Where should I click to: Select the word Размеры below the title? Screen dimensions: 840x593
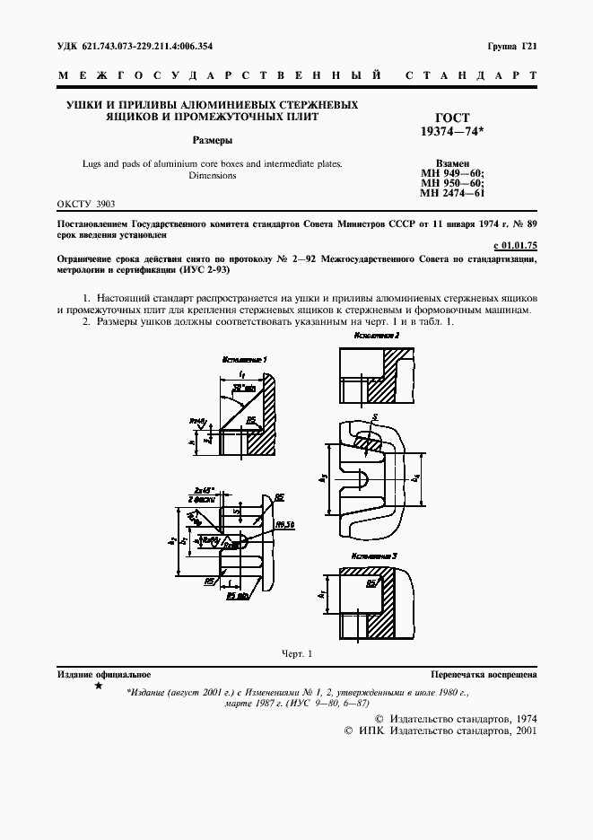214,140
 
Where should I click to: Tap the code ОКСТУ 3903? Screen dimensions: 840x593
86,205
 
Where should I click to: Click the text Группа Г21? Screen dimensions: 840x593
512,46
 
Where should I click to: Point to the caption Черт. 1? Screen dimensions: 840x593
296,653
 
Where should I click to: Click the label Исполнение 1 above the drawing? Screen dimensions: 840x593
241,359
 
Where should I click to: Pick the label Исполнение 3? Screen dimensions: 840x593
375,556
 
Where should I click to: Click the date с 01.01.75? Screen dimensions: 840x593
515,244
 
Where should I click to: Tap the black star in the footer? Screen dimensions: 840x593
98,686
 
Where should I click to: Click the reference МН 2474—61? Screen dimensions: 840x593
452,193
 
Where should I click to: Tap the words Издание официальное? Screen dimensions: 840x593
104,673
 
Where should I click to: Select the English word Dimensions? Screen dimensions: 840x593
213,176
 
